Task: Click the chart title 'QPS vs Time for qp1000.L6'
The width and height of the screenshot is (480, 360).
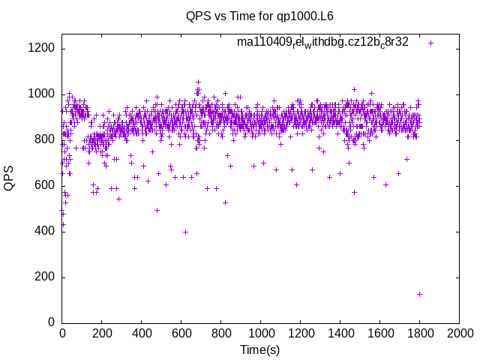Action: click(x=260, y=16)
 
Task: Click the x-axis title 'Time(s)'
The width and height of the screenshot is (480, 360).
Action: click(x=260, y=349)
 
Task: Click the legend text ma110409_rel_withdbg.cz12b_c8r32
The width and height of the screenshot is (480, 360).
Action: click(x=322, y=42)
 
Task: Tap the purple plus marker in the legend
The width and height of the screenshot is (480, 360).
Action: click(x=431, y=43)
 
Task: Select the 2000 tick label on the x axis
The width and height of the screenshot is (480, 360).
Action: click(x=459, y=332)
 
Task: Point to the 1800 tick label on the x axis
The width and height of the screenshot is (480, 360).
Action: click(x=420, y=332)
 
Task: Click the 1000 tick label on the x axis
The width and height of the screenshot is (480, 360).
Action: click(x=261, y=332)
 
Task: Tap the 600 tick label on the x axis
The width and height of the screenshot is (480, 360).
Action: click(x=181, y=332)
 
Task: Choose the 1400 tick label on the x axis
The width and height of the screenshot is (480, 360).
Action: click(x=340, y=332)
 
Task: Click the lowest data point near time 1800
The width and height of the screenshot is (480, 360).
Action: click(x=419, y=294)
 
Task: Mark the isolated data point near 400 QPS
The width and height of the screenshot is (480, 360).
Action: click(x=185, y=232)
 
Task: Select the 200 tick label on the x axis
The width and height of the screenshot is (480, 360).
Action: click(x=102, y=332)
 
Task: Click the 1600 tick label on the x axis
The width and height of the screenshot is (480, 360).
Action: click(x=380, y=332)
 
